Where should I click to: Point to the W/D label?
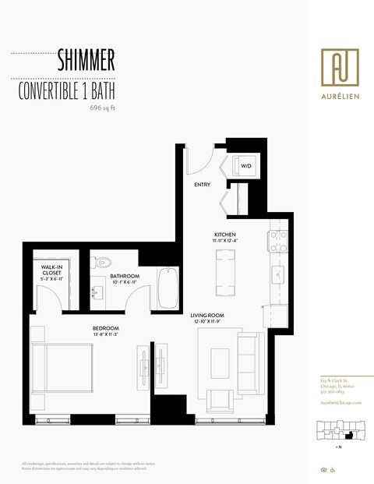245,166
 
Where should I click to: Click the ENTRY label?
204,185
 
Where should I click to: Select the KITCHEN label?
225,235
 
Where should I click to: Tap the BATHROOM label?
124,276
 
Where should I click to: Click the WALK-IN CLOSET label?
52,270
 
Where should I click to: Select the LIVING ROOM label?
207,315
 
